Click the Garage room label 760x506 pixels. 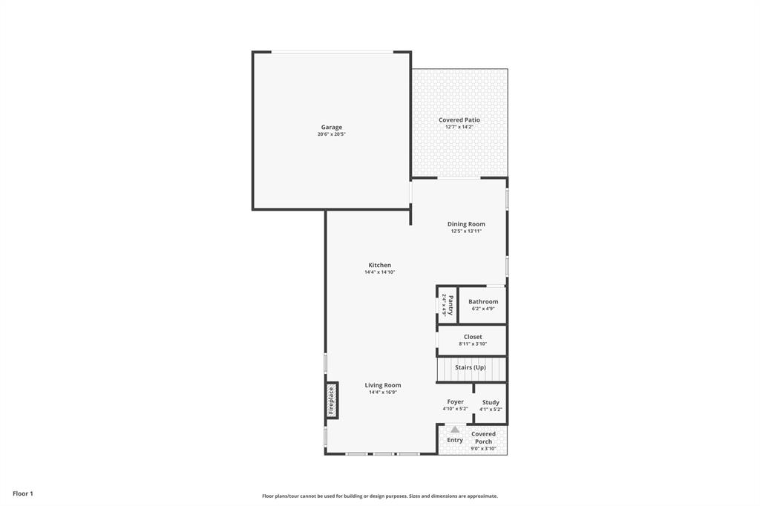coord(332,127)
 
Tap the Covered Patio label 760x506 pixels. coord(459,119)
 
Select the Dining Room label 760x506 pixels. coord(466,224)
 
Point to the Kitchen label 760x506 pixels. coord(379,265)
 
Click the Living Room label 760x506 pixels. coord(383,385)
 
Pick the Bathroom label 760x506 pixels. coord(483,301)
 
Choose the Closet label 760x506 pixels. coord(473,337)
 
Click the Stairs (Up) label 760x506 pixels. coord(471,367)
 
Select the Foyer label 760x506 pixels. coord(455,401)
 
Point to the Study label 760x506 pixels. coord(491,402)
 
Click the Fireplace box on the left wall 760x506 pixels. coord(332,401)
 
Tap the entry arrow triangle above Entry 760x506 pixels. coord(455,430)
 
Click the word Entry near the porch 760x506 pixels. coord(455,440)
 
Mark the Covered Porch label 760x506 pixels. coord(483,438)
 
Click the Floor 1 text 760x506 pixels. coord(23,493)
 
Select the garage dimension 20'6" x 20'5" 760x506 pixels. coord(332,134)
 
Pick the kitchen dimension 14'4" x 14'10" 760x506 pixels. coord(379,272)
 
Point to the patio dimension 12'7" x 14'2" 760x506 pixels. coord(459,127)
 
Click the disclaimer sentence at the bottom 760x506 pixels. coord(379,496)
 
